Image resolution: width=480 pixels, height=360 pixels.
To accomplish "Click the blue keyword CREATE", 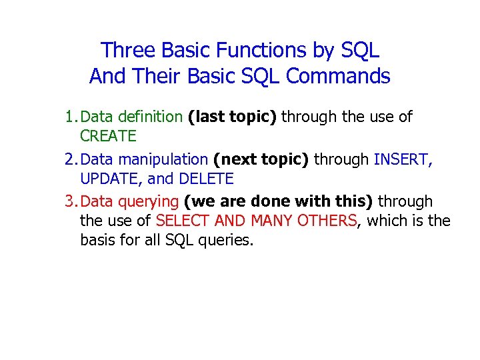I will (108, 137).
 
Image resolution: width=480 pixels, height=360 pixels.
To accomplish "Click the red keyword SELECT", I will (179, 221).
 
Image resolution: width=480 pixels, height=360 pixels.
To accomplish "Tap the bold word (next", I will (234, 159).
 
